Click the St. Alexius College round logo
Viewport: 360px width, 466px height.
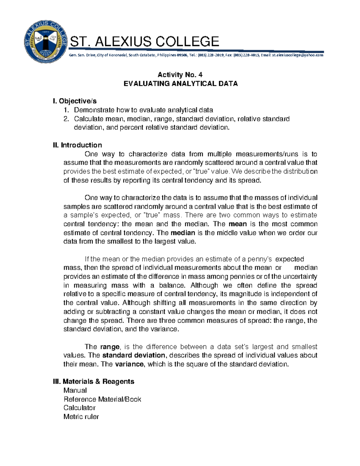(46, 42)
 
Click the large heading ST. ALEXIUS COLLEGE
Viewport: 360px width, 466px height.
(144, 41)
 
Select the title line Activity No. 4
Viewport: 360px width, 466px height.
(180, 75)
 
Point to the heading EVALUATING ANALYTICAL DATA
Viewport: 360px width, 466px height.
(181, 83)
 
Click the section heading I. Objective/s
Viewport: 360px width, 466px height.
(74, 101)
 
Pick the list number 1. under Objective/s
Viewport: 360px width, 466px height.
(66, 110)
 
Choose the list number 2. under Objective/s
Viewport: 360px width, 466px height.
(66, 119)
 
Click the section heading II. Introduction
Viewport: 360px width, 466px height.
(77, 145)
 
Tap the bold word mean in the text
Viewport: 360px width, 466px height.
(238, 224)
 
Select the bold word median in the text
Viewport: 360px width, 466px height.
(183, 233)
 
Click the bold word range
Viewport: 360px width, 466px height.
(110, 347)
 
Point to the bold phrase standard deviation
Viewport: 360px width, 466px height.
(134, 356)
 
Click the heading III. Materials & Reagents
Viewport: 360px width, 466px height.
(93, 382)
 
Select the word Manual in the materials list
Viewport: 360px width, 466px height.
(75, 390)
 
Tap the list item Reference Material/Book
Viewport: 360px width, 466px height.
(102, 399)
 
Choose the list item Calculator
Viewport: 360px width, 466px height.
(79, 408)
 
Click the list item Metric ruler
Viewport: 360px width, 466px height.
(81, 417)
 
